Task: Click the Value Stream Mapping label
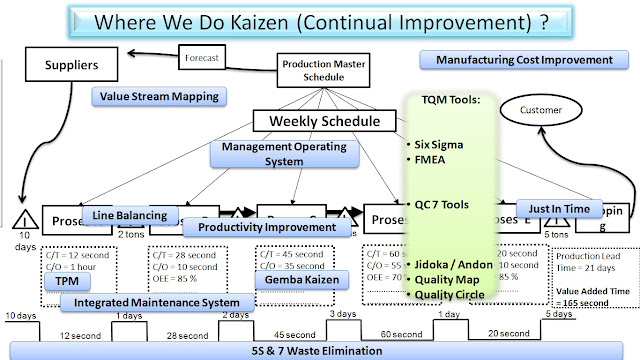158,97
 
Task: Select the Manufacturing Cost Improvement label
524,60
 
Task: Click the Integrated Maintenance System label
150,302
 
